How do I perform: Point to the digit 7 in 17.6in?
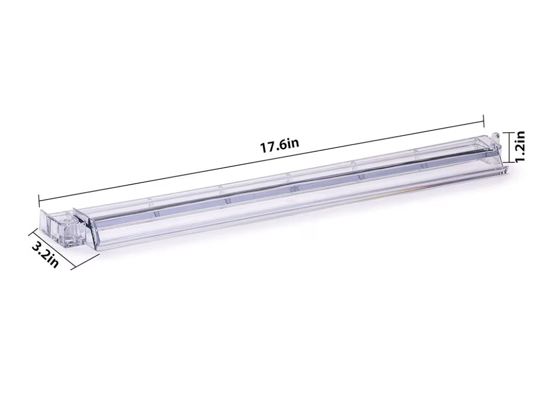click(x=270, y=146)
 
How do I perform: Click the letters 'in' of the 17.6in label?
click(x=293, y=143)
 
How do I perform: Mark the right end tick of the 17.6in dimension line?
click(x=483, y=121)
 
